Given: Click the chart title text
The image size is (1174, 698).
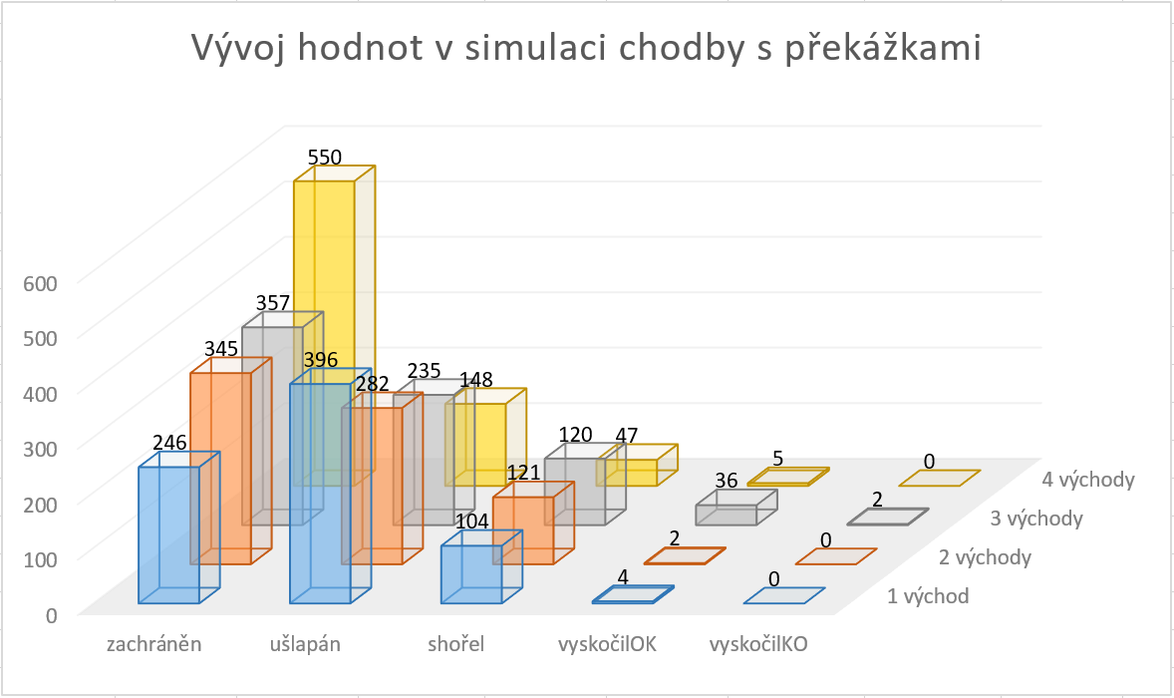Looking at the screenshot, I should point(587,49).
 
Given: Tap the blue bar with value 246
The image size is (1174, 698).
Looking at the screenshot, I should point(168,533).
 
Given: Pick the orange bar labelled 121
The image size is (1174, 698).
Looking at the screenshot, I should point(523,528).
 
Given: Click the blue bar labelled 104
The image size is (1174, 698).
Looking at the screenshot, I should point(471,573).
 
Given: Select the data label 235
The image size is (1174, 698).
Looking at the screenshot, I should point(424,371).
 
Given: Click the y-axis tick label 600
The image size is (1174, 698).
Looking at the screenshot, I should point(41,282).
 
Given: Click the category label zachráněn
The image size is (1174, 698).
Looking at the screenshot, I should point(154,644).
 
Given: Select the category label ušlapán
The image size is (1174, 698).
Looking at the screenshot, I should point(305,644).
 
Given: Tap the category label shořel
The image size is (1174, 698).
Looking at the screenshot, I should point(455,644).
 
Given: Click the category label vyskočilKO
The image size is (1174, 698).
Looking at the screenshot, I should point(757,644).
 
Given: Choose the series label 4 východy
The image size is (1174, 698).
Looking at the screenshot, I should point(1088,480).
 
